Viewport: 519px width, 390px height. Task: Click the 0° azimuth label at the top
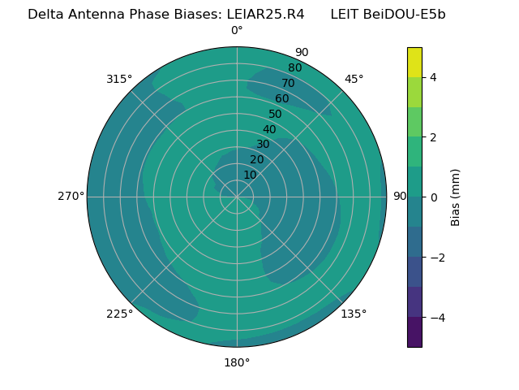[237, 31]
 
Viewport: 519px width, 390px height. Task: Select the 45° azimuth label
[354, 79]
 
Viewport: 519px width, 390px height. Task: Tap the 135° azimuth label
[354, 314]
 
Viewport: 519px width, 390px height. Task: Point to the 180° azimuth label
[237, 362]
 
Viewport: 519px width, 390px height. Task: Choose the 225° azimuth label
[119, 314]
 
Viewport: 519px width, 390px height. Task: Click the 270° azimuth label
[71, 197]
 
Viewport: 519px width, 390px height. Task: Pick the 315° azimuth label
[119, 79]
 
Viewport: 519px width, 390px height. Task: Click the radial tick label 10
[250, 175]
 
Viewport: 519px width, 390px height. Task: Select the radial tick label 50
[275, 115]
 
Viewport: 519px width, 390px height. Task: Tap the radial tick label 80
[294, 68]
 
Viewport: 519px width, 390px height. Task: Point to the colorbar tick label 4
[433, 77]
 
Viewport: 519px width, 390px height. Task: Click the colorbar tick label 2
[433, 137]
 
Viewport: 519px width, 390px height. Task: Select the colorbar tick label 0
[433, 197]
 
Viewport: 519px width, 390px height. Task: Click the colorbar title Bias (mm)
[456, 197]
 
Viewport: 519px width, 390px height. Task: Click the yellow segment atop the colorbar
[414, 62]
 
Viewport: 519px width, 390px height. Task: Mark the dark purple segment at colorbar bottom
[414, 332]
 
